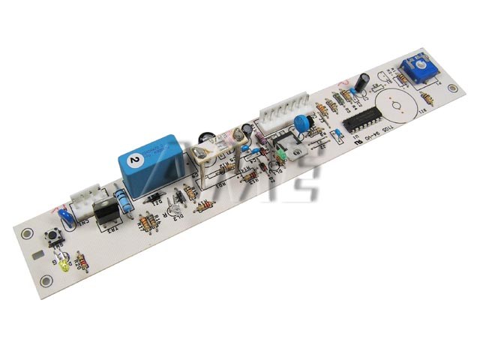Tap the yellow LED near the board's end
[x=65, y=265]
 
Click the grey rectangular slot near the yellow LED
[x=37, y=255]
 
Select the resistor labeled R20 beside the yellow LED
[x=81, y=262]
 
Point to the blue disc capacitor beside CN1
[x=66, y=218]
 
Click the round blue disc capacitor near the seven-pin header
[x=302, y=123]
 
